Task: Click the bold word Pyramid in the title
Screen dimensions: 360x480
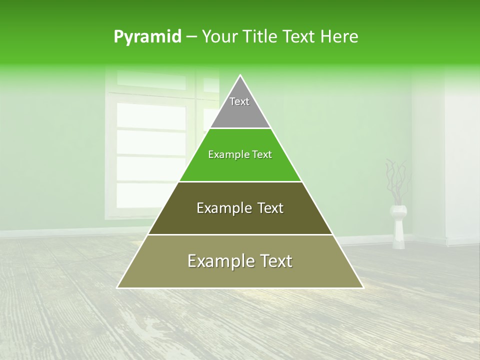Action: coord(147,37)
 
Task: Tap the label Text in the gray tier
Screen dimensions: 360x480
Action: coord(239,101)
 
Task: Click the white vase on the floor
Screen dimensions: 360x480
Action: coord(399,227)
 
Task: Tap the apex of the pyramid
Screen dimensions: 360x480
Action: coord(240,75)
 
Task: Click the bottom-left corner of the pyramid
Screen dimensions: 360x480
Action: coord(118,287)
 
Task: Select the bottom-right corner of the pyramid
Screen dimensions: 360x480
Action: coord(362,287)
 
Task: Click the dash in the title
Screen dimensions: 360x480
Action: coord(191,37)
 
